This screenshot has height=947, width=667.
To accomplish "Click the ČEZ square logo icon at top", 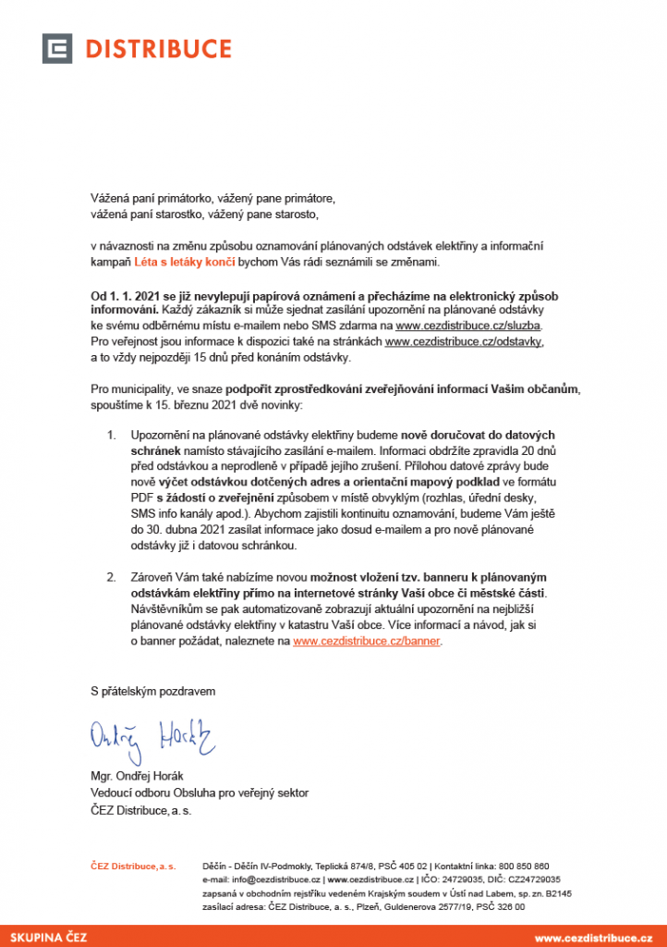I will pyautogui.click(x=57, y=48).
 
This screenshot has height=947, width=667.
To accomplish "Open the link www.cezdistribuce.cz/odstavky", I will pyautogui.click(x=464, y=341).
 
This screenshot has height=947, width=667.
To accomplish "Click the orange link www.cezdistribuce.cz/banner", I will pyautogui.click(x=367, y=640).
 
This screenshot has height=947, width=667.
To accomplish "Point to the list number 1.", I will pyautogui.click(x=111, y=435).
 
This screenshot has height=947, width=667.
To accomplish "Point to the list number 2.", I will pyautogui.click(x=111, y=578).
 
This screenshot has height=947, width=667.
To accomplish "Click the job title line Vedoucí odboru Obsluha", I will pyautogui.click(x=199, y=793).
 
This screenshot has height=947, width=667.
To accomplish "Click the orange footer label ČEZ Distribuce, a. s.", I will pyautogui.click(x=132, y=866).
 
